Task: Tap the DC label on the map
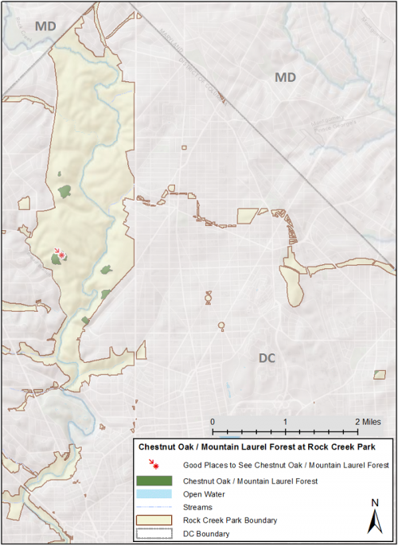click(x=267, y=357)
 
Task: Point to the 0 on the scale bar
click(x=213, y=420)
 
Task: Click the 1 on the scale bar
click(x=285, y=420)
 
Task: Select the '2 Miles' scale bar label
click(x=367, y=420)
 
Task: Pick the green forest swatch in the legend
click(x=154, y=481)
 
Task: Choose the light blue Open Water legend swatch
click(x=154, y=493)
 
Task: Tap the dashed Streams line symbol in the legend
click(x=154, y=507)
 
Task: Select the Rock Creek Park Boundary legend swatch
click(x=154, y=521)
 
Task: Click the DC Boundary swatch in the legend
click(x=154, y=534)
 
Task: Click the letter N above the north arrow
click(x=374, y=501)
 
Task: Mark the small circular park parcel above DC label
click(x=221, y=325)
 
